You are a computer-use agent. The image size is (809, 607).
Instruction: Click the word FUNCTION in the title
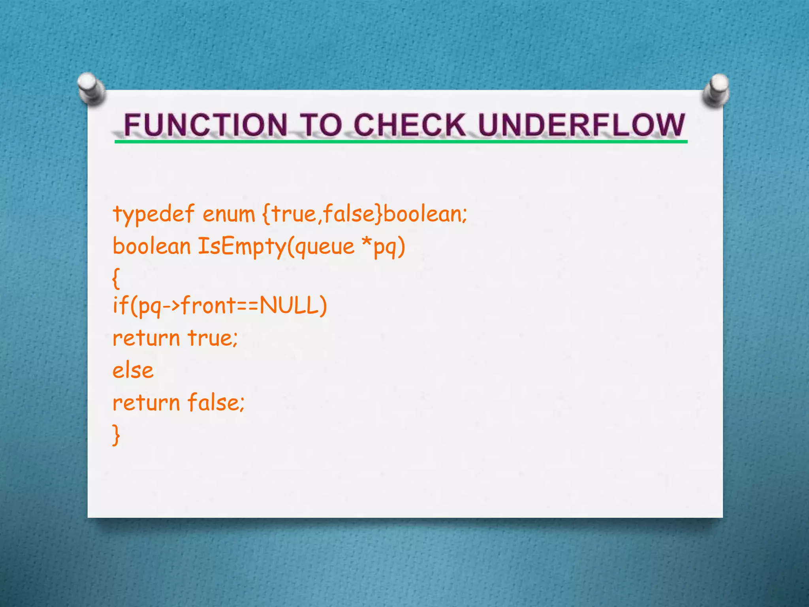coord(205,125)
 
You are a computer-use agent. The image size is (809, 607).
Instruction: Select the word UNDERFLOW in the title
coord(581,125)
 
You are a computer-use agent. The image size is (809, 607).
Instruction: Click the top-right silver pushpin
coord(717,90)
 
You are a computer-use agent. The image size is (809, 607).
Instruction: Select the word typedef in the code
coord(154,215)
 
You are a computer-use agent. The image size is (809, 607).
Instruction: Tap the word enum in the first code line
coord(229,215)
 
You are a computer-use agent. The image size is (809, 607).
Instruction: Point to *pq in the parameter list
coord(384,247)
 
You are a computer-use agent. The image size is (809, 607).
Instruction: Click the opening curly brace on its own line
coord(116,278)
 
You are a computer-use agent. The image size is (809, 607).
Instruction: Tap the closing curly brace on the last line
coord(116,435)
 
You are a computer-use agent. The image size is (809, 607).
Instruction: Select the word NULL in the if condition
coord(289,305)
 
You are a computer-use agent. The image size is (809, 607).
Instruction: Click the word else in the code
coord(133,371)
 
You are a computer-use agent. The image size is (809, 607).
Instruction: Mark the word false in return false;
coord(214,403)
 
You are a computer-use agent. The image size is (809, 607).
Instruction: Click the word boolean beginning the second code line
coord(152,246)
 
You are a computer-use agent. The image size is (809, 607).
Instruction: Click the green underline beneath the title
coord(401,141)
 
